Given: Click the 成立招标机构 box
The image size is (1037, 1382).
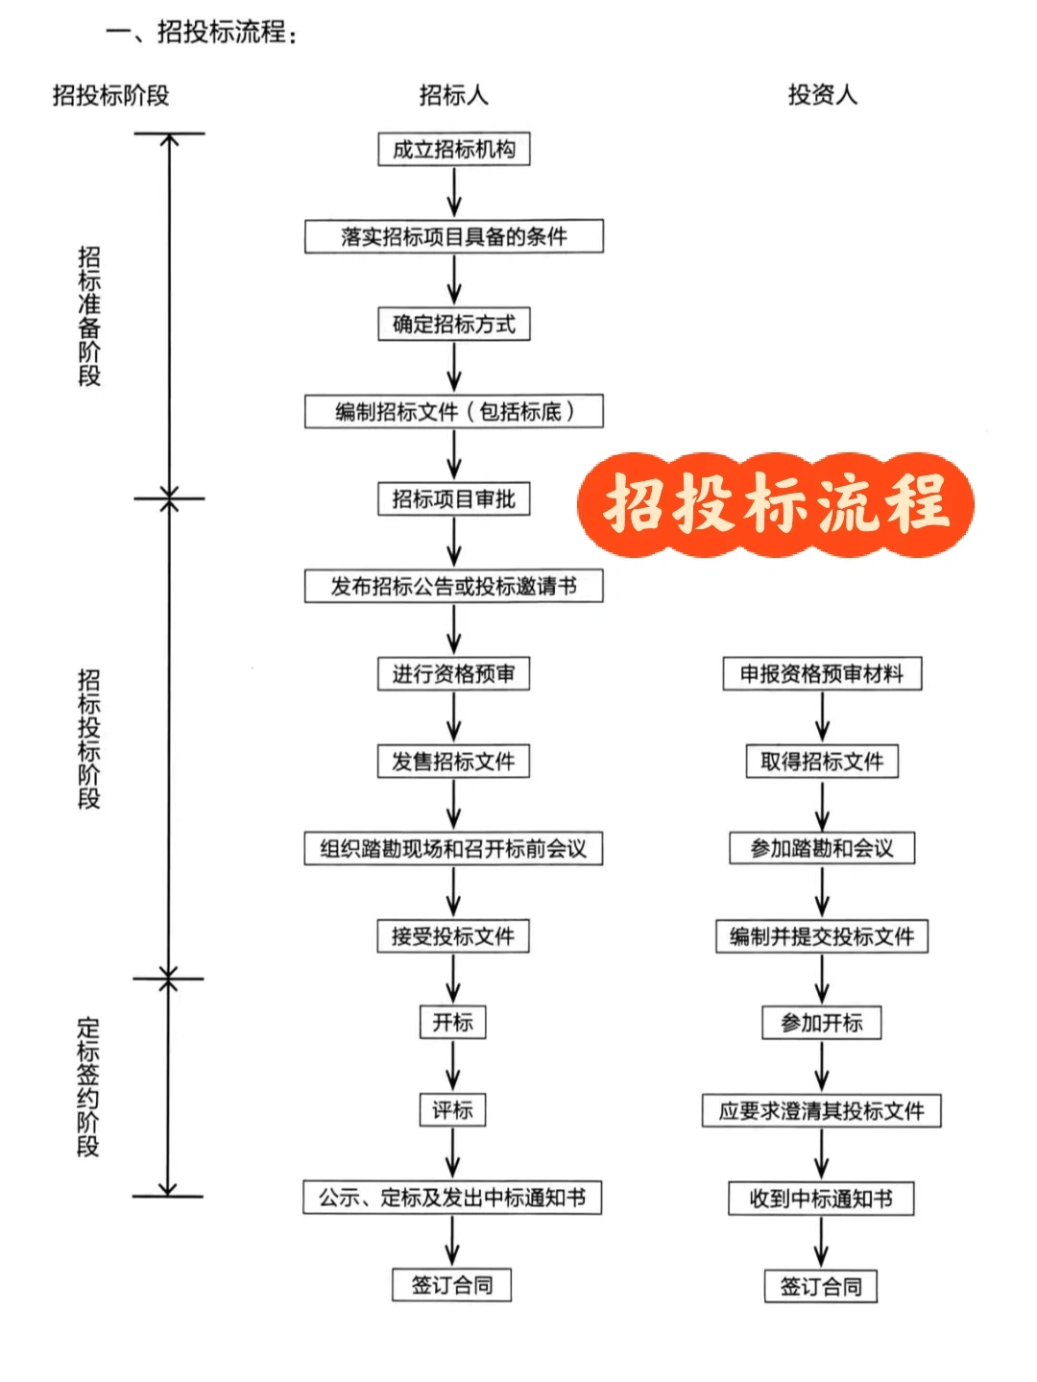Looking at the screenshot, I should [x=454, y=149].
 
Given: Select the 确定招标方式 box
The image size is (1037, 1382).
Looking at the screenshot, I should [x=454, y=325].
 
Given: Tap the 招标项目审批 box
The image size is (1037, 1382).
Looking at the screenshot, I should [x=454, y=499].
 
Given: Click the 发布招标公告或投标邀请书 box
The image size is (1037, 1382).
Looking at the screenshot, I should [x=454, y=586].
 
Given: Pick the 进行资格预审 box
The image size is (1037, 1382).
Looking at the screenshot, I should [x=454, y=674].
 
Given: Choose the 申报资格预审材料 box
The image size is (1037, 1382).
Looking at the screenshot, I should [x=822, y=674].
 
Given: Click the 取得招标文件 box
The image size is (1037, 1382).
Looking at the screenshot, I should [x=822, y=762].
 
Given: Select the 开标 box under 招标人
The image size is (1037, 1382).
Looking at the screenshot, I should [x=452, y=1022].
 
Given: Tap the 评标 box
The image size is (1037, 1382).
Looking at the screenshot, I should [x=452, y=1110].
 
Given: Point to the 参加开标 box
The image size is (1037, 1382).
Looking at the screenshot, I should [x=822, y=1023].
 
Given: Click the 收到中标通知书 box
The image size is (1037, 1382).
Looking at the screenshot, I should [x=821, y=1199].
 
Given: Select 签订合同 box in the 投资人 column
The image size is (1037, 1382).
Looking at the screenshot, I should [x=821, y=1286].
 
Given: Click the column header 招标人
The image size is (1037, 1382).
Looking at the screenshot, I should [x=454, y=95].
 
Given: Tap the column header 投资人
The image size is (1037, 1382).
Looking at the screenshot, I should [x=822, y=95].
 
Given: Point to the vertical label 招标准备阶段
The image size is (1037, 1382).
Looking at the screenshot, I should [x=89, y=316].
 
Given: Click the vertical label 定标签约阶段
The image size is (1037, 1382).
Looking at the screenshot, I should [x=88, y=1087].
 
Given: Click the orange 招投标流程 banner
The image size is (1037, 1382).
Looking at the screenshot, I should [x=776, y=504].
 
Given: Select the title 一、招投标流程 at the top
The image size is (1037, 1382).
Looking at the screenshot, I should [x=202, y=33].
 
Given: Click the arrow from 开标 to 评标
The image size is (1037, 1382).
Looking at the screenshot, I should [x=452, y=1066].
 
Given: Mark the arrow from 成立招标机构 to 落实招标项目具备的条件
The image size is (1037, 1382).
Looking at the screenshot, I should [x=454, y=193].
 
